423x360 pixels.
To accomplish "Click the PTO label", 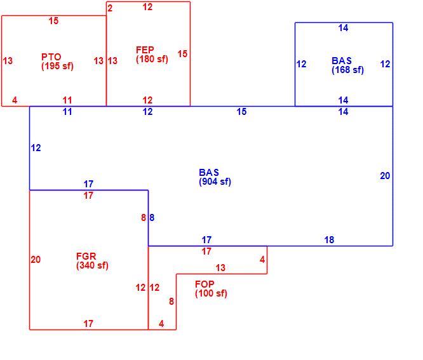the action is coord(51,57).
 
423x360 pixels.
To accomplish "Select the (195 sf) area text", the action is coord(57,66).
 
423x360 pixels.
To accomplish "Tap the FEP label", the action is coord(145,50).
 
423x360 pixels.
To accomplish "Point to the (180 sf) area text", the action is coord(152,59).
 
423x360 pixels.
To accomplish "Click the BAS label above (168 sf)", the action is coord(342,61).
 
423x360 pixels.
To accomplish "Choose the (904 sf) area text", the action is coord(215,182).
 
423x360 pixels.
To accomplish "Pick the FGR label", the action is coord(86,256).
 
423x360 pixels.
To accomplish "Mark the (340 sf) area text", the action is coord(92,265).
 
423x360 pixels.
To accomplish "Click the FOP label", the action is coord(205,284).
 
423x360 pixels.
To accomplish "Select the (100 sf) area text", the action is coord(211,293).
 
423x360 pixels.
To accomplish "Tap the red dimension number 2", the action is coord(110,8).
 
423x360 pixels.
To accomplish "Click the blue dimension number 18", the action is coord(329,240).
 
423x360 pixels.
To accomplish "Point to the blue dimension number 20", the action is coord(385,176).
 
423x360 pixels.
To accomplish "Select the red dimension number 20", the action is coord(36,260).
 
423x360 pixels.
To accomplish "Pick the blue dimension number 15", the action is coord(241,112).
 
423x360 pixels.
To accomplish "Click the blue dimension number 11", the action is coord(67,112).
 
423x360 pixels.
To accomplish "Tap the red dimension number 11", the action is coord(67,100).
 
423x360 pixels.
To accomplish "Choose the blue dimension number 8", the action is coord(152,218).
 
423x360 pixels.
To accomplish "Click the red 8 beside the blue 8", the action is coord(144,218).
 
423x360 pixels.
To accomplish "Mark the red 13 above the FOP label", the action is coord(220,268).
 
